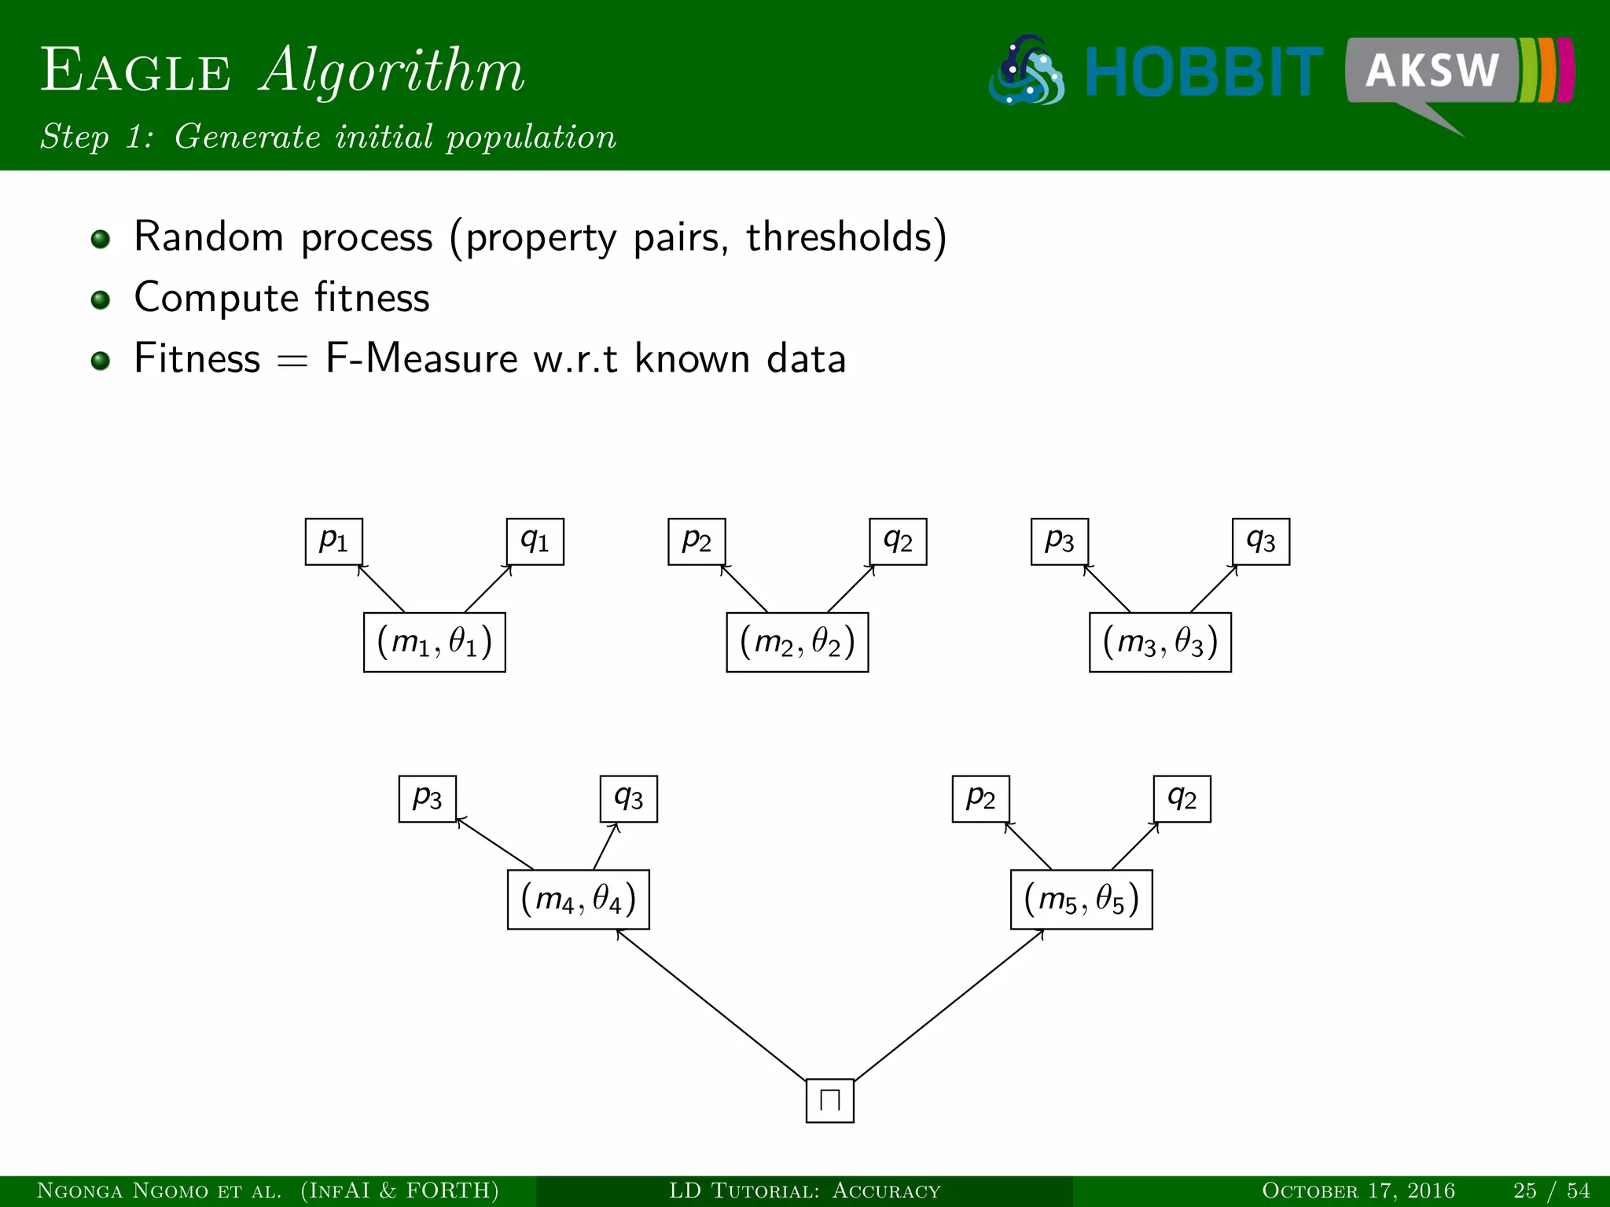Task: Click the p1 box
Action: click(x=333, y=541)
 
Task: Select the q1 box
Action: click(x=535, y=541)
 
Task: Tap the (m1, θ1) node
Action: click(x=434, y=642)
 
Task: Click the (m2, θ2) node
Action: click(x=797, y=642)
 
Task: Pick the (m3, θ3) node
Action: click(x=1160, y=642)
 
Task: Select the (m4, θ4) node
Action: click(x=578, y=899)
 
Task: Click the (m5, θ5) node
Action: click(x=1081, y=899)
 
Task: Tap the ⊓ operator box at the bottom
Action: click(x=829, y=1100)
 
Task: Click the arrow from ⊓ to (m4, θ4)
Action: click(x=711, y=1005)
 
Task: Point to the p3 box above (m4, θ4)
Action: click(x=427, y=798)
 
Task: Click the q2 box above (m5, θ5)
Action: click(x=1182, y=798)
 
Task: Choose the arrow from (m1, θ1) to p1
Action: click(x=381, y=589)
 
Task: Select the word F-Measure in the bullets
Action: click(x=421, y=358)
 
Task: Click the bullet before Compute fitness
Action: click(x=100, y=299)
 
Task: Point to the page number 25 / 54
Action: click(x=1551, y=1190)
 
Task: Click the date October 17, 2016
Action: click(x=1358, y=1190)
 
